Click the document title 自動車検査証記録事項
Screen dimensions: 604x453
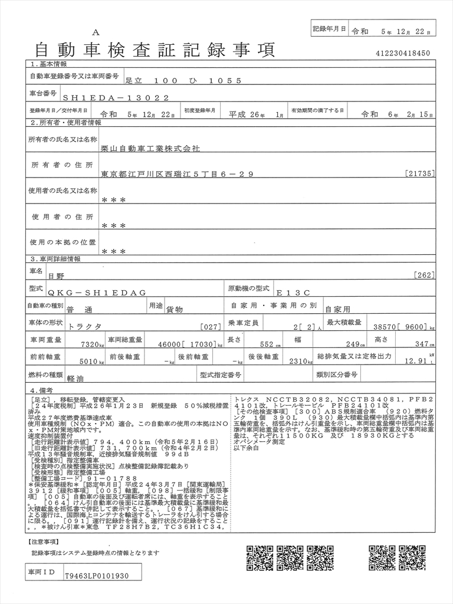coord(155,50)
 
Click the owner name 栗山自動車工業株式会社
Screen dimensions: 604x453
coord(151,149)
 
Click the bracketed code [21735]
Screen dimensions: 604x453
coord(421,173)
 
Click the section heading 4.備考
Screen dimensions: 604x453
coord(41,390)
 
